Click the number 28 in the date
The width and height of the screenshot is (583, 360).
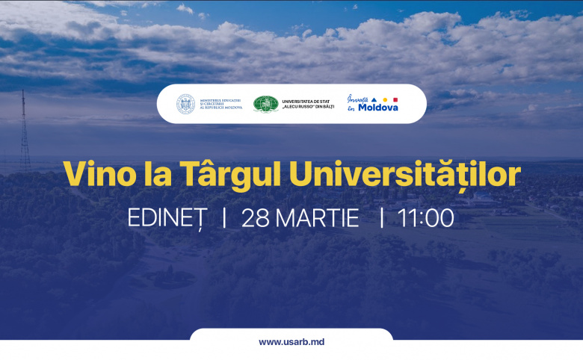255,218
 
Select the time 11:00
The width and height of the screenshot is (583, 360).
426,218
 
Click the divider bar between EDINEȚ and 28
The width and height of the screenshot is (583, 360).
223,218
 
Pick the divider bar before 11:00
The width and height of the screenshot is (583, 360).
382,218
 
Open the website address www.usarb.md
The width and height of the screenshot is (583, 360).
291,342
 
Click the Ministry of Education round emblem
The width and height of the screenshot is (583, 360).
185,104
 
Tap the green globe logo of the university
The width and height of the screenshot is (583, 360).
265,104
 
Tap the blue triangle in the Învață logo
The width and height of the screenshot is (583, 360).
374,99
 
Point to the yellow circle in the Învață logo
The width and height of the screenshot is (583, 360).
385,99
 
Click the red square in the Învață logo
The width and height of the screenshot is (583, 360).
395,99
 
